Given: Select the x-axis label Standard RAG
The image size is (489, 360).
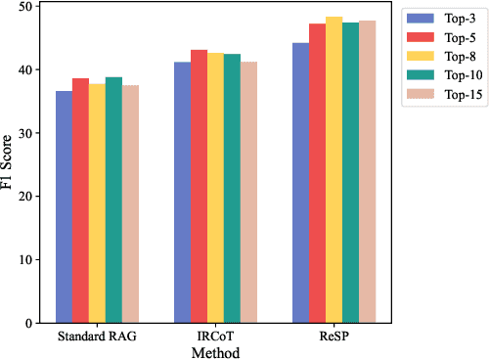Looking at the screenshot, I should point(97,337).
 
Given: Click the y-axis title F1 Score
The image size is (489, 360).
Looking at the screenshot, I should point(9,165).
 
